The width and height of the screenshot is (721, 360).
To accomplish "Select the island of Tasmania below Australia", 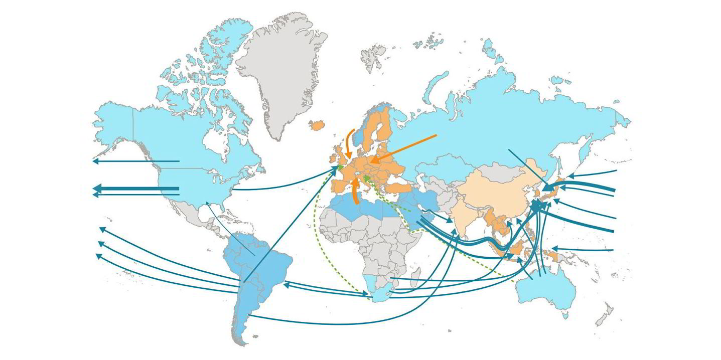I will click(x=565, y=315).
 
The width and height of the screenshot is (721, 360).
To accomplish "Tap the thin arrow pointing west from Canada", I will click(x=135, y=161).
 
